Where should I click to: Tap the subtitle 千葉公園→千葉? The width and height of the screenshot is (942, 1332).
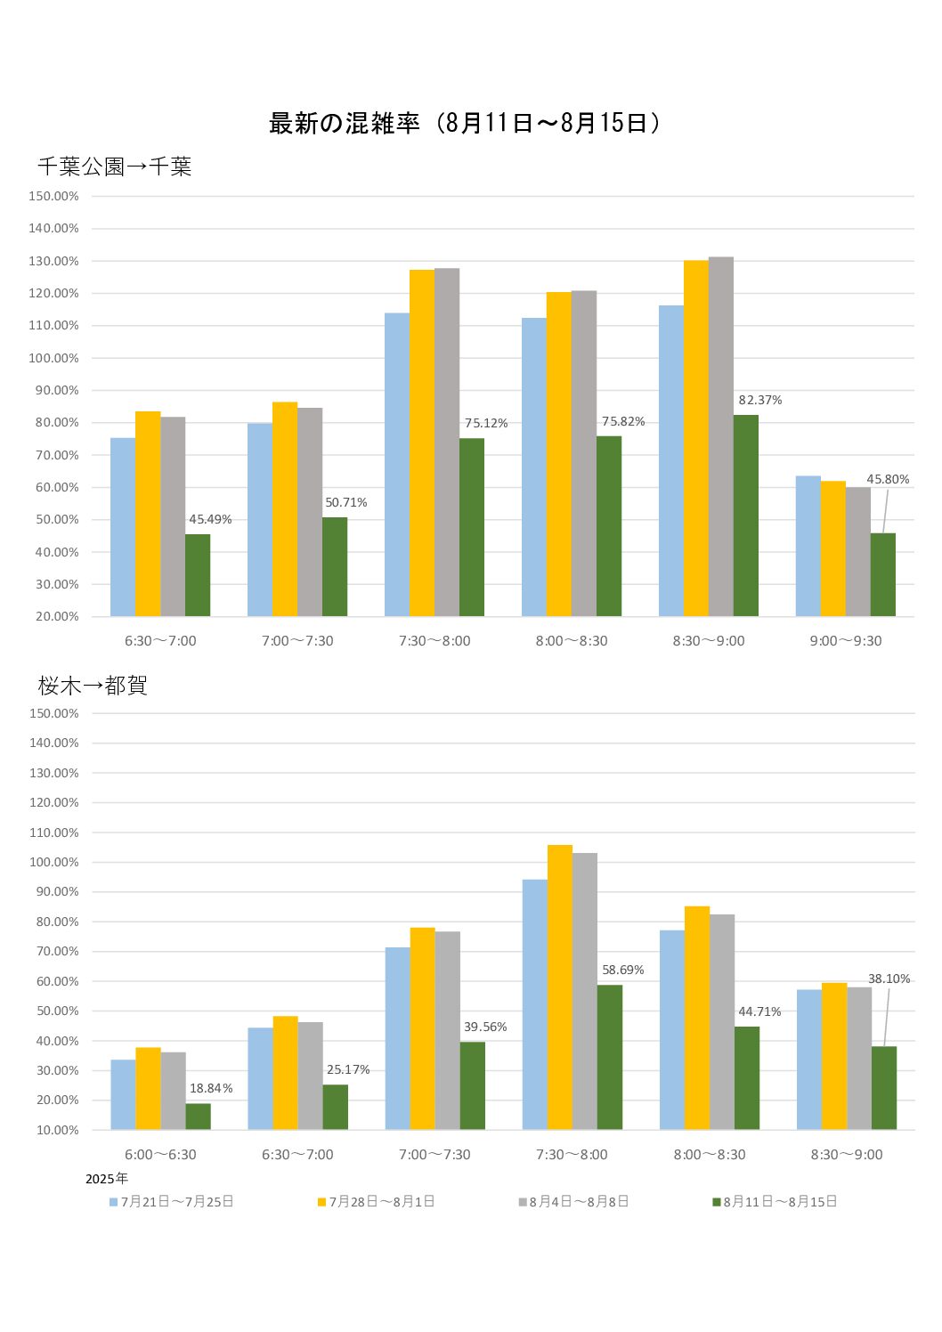coord(115,166)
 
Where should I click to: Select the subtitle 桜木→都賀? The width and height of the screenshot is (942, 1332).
coord(93,685)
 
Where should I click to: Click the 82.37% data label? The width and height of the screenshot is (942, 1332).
coord(759,400)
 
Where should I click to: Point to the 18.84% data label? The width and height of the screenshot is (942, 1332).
coord(211,1088)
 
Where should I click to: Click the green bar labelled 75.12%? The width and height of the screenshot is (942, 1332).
coord(472,527)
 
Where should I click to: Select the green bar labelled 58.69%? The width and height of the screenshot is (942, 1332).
coord(610,1057)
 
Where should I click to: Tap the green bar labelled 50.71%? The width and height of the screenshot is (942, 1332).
coord(335,566)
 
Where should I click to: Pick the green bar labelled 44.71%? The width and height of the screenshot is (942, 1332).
coord(747,1077)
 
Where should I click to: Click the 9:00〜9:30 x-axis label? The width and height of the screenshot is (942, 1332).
coord(845,640)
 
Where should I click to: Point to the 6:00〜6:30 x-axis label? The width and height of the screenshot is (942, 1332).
coord(160,1154)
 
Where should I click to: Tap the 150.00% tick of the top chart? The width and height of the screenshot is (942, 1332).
coord(54,196)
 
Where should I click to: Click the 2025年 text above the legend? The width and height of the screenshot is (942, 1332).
coord(106,1179)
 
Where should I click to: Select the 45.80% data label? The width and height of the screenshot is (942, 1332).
coord(888,479)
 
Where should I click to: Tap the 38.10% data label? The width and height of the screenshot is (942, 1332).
coord(889,979)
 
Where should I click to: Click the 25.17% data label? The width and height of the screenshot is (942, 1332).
coord(348,1069)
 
